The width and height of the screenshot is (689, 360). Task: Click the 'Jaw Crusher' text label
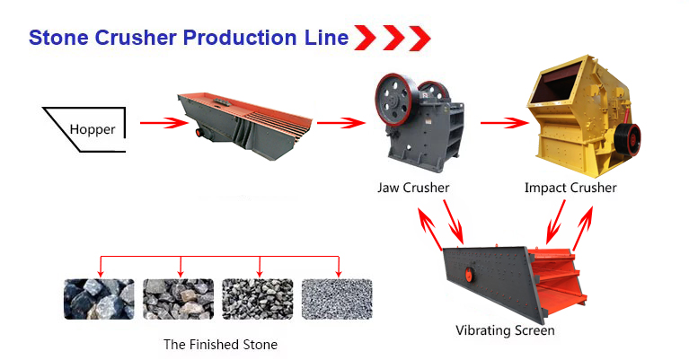pyautogui.click(x=413, y=189)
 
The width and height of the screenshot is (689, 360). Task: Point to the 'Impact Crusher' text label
pyautogui.click(x=570, y=189)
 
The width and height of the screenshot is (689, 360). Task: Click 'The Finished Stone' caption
pyautogui.click(x=220, y=345)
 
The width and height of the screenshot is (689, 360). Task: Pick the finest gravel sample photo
pyautogui.click(x=336, y=299)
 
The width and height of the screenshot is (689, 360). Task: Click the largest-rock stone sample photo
pyautogui.click(x=99, y=299)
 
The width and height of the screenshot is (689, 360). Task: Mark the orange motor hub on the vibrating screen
pyautogui.click(x=466, y=273)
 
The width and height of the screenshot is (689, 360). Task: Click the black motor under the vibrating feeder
pyautogui.click(x=199, y=133)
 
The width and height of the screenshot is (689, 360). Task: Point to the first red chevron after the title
pyautogui.click(x=364, y=38)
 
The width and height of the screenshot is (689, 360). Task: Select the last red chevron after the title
pyautogui.click(x=420, y=38)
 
